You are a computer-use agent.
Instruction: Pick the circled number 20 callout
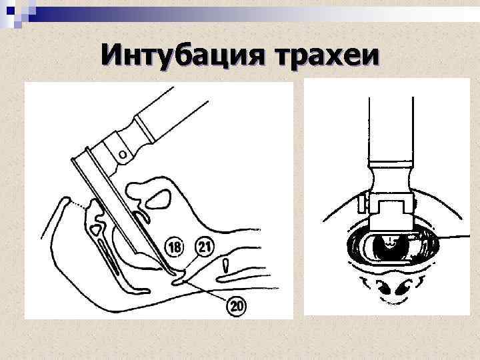[x=237, y=305]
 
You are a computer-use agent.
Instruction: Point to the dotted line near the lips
[x=79, y=205]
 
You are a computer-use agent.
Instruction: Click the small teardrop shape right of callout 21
[x=227, y=266]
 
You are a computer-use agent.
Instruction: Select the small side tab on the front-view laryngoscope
[x=362, y=199]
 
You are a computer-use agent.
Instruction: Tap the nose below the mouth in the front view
[x=391, y=287]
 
